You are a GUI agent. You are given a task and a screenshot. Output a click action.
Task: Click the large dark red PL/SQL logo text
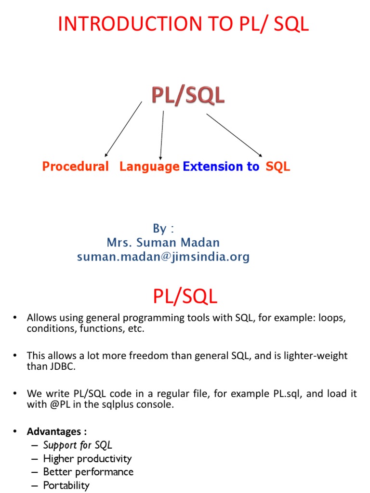(188, 96)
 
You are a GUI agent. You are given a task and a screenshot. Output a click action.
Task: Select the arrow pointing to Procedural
(123, 129)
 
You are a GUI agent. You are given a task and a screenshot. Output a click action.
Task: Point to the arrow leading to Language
(162, 135)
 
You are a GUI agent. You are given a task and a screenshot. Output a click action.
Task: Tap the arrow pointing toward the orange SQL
(234, 135)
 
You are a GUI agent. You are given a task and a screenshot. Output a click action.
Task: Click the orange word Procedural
(76, 167)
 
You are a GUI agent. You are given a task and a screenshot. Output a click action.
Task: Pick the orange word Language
(149, 167)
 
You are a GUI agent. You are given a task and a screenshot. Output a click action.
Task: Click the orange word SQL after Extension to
(278, 167)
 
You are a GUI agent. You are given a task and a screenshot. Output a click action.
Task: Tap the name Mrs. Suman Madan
(163, 242)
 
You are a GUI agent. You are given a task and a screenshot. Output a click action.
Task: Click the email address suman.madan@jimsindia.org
(163, 257)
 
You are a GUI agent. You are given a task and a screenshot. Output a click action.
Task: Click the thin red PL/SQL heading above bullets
(185, 297)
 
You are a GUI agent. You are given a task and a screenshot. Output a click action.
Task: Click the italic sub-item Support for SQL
(78, 445)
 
